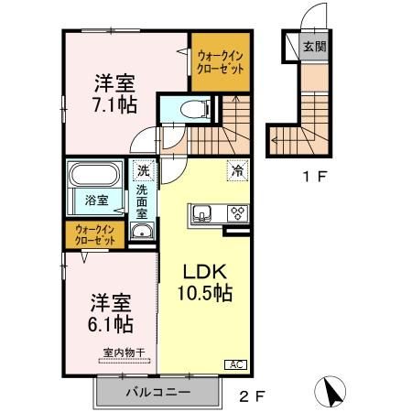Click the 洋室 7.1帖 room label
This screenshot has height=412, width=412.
[114, 93]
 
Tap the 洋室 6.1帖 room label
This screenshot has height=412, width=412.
[111, 313]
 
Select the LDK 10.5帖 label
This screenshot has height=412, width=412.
[202, 284]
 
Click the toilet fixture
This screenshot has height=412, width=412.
[187, 108]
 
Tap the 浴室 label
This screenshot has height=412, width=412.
[97, 199]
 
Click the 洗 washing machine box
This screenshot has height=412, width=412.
[143, 169]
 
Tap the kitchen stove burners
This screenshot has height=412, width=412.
[237, 215]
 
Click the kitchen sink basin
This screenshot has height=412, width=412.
[204, 215]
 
